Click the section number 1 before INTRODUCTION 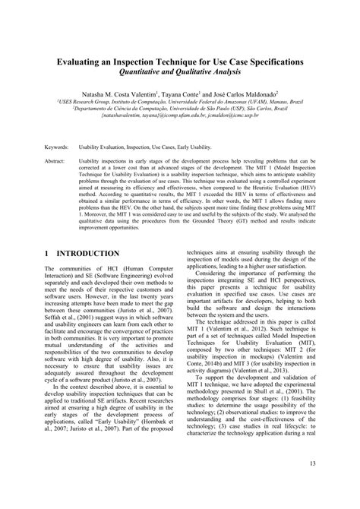(x=47, y=253)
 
